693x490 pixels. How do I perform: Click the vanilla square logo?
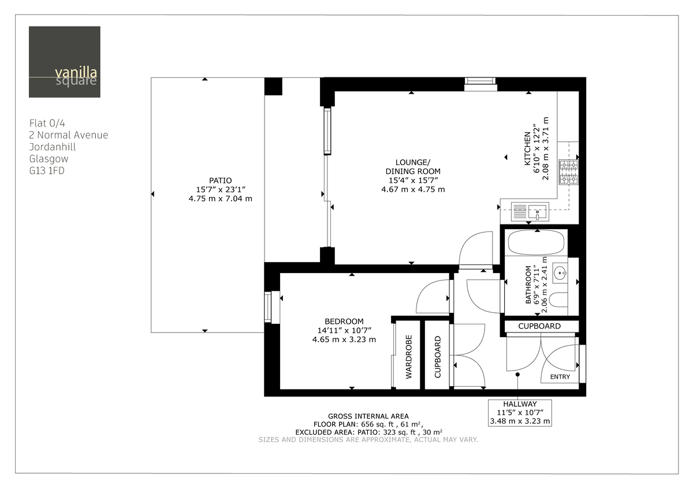coord(65,62)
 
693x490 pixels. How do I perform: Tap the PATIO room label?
coord(221,179)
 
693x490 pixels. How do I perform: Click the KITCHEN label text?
coord(527,149)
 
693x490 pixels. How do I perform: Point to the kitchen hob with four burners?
coord(568,173)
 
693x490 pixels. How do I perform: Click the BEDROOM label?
coord(344,321)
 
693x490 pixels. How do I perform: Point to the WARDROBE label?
coord(409,357)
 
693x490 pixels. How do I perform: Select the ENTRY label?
coord(560,377)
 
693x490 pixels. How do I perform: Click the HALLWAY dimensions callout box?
coord(520,413)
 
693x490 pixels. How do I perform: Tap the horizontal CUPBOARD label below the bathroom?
coord(539,326)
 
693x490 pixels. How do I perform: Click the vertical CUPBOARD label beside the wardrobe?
coord(437,357)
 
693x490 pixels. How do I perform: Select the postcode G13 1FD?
coord(47,170)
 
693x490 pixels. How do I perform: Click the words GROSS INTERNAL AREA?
coord(368,416)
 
